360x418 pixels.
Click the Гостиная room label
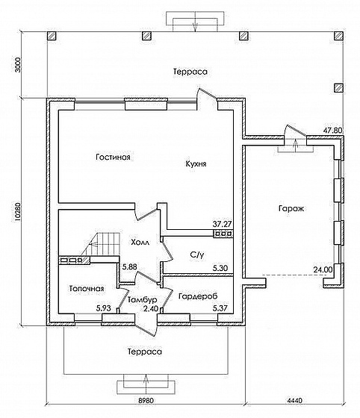(113, 157)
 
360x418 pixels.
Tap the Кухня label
(196, 163)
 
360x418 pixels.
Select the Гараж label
(291, 208)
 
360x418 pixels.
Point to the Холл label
(140, 243)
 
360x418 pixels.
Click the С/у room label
(197, 255)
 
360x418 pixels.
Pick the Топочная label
(87, 288)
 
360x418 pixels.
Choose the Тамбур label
(142, 299)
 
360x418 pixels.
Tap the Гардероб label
(198, 296)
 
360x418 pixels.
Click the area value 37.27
(222, 224)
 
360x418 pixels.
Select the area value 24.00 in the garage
(323, 269)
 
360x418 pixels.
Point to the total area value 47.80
(333, 131)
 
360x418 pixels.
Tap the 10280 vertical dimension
(18, 213)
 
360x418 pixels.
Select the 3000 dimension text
(18, 65)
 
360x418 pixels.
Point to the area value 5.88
(129, 267)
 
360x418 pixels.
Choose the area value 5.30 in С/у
(220, 268)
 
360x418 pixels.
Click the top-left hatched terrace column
(52, 36)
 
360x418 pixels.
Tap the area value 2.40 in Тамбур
(151, 308)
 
